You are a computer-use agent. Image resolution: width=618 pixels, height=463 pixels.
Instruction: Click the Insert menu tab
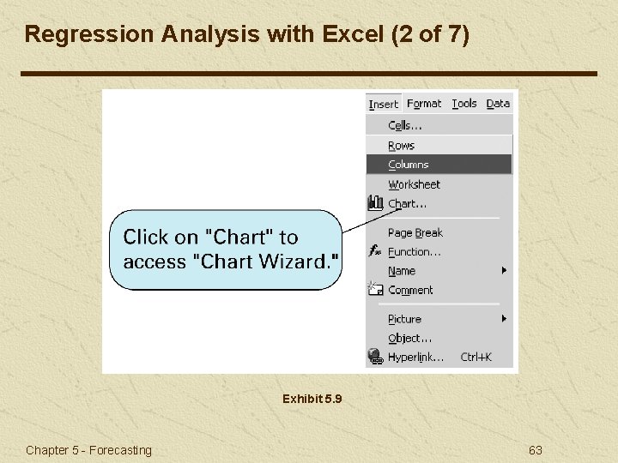pyautogui.click(x=384, y=104)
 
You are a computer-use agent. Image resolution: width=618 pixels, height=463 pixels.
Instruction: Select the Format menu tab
pyautogui.click(x=424, y=104)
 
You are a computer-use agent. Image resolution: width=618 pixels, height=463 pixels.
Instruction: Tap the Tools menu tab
pyautogui.click(x=464, y=104)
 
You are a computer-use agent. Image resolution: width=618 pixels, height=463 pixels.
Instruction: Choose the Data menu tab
pyautogui.click(x=498, y=104)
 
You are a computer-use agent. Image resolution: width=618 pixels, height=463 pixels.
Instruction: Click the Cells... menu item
pyautogui.click(x=405, y=126)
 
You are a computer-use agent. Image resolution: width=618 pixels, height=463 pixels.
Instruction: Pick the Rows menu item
pyautogui.click(x=401, y=146)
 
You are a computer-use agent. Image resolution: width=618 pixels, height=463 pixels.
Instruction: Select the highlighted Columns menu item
pyautogui.click(x=409, y=165)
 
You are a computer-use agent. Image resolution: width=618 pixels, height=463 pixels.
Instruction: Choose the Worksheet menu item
pyautogui.click(x=414, y=184)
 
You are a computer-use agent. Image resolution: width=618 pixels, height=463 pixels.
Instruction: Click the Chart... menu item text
pyautogui.click(x=407, y=204)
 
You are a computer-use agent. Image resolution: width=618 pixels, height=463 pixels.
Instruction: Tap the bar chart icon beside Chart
pyautogui.click(x=375, y=203)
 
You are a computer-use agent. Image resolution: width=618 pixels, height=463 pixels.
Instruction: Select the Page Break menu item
pyautogui.click(x=415, y=233)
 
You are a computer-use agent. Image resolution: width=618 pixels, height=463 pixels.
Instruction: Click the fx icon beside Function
pyautogui.click(x=375, y=251)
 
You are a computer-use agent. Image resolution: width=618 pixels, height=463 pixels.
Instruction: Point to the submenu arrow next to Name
pyautogui.click(x=505, y=270)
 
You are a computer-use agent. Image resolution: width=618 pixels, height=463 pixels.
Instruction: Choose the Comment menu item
pyautogui.click(x=410, y=291)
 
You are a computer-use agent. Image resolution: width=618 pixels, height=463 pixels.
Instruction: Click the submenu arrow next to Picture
pyautogui.click(x=505, y=318)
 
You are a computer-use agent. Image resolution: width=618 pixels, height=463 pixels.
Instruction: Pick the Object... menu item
pyautogui.click(x=409, y=338)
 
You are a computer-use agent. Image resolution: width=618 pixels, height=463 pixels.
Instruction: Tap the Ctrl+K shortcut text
pyautogui.click(x=476, y=357)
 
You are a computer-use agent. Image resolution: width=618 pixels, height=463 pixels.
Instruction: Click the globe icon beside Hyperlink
pyautogui.click(x=375, y=357)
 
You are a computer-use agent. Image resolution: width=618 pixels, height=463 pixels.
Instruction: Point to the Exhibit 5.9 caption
pyautogui.click(x=312, y=399)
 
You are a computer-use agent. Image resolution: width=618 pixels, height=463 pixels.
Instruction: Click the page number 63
pyautogui.click(x=536, y=450)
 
